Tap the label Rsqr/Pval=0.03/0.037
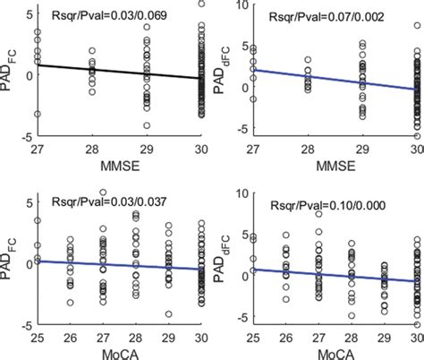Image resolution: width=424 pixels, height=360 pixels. (119, 195)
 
